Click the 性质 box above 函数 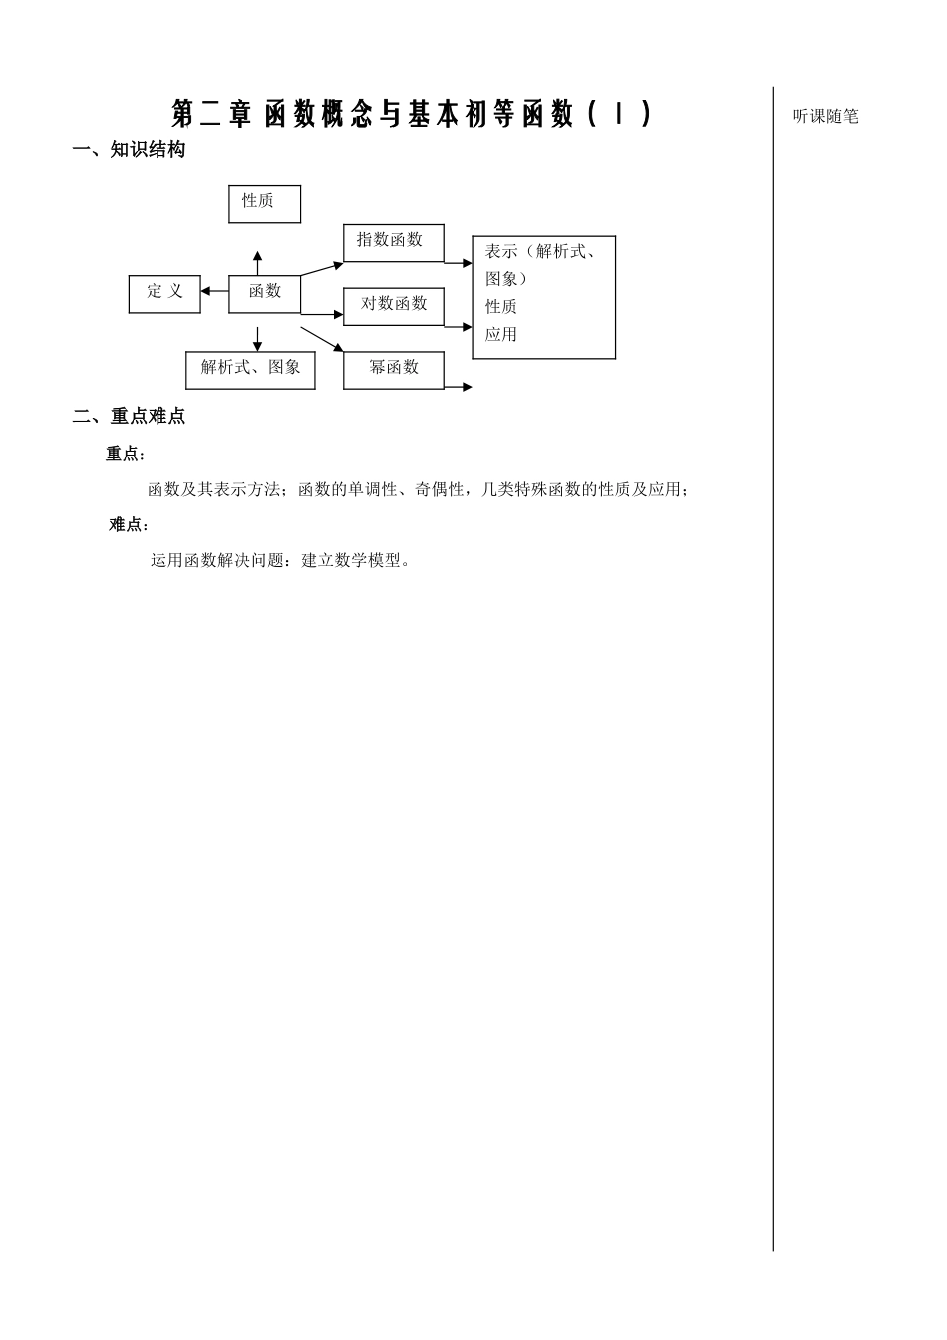[264, 203]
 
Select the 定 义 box [164, 293]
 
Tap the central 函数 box [264, 293]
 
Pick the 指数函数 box [393, 242]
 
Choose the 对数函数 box [393, 305]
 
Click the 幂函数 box [393, 369]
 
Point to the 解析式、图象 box [250, 369]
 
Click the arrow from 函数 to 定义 [214, 291]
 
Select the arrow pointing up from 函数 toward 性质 [257, 263]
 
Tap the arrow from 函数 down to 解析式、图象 [257, 339]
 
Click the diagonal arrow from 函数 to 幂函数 [321, 339]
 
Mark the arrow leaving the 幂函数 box [459, 387]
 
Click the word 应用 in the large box [501, 335]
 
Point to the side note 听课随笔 [825, 116]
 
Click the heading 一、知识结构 [129, 150]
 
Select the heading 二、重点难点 [129, 417]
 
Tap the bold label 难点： [129, 525]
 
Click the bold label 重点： [126, 454]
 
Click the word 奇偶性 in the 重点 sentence [440, 489]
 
